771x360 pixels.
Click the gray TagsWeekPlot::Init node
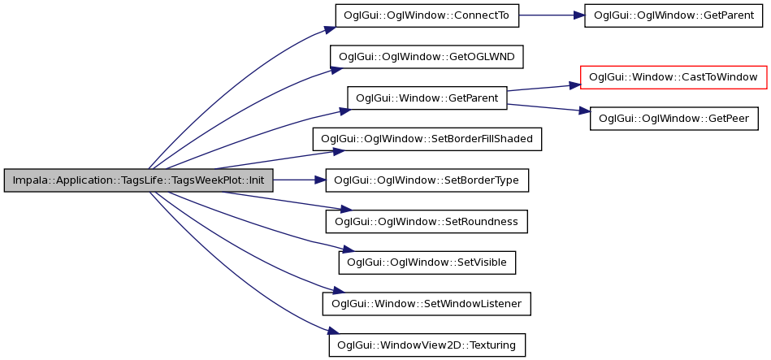tap(138, 180)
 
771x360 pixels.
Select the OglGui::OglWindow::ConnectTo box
tap(427, 15)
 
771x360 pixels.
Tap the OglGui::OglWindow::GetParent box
tap(674, 15)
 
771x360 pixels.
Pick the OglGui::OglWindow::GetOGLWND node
tap(427, 57)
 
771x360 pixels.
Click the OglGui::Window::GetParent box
tap(427, 98)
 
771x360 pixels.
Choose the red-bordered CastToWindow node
tap(674, 77)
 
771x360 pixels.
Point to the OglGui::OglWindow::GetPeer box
tap(674, 119)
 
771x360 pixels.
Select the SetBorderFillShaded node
tap(427, 139)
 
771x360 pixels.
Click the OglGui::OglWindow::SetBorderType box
tap(427, 180)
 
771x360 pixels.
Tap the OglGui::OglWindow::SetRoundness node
tap(427, 222)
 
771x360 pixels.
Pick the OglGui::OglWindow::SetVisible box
tap(427, 263)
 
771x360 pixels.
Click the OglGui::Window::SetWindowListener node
tap(427, 305)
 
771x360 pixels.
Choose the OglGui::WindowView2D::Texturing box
tap(427, 345)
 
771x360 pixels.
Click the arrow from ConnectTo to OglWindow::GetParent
tap(552, 15)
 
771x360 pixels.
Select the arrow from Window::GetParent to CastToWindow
tap(544, 88)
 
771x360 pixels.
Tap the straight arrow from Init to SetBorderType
tap(299, 180)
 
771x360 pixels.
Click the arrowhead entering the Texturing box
tap(333, 332)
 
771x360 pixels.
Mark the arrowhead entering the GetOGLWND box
tap(336, 70)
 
